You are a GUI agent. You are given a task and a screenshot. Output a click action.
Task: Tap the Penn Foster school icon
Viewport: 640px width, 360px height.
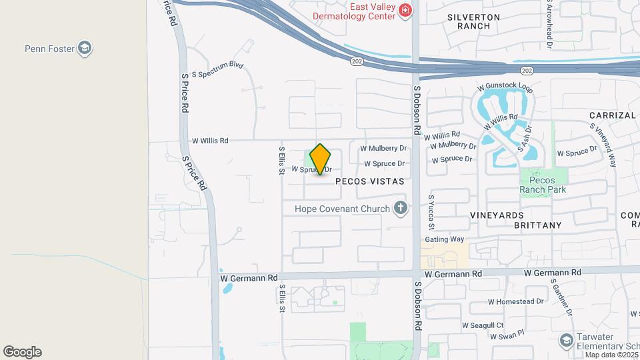point(85,48)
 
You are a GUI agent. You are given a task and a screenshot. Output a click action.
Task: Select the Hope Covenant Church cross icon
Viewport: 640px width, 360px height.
point(400,209)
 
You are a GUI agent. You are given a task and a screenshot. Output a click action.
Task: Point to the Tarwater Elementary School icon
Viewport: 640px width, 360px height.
point(566,341)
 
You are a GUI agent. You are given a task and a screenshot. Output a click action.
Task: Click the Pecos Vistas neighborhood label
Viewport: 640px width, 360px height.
point(370,181)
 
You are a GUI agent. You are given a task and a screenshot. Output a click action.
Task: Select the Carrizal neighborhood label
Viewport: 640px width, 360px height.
point(613,115)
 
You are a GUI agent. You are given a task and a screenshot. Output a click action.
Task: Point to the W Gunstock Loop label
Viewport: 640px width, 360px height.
point(505,88)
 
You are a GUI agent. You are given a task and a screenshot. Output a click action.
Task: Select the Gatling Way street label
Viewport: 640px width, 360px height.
point(445,239)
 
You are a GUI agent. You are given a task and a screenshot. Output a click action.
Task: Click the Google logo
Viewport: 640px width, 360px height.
point(22,352)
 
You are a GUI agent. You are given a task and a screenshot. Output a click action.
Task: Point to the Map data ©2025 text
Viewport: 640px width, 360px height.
point(611,355)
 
